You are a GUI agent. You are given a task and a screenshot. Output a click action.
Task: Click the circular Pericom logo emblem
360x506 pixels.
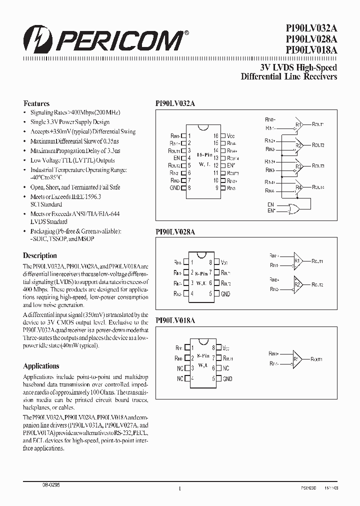(x=35, y=38)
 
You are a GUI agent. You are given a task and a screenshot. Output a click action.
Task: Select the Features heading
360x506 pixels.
(x=36, y=103)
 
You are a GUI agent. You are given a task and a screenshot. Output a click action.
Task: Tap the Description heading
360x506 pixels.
(x=40, y=255)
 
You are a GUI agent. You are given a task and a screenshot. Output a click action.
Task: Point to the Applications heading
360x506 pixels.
(x=41, y=366)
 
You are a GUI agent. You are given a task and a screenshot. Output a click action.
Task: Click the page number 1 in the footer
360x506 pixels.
(x=179, y=488)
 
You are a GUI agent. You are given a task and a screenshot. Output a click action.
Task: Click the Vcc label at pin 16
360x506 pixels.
(x=230, y=135)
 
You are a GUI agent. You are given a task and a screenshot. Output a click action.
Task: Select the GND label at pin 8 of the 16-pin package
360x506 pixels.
(x=175, y=188)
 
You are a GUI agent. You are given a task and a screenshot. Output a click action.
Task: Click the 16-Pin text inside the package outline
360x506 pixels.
(x=203, y=155)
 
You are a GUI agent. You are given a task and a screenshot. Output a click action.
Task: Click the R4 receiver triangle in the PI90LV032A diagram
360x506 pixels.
(x=298, y=187)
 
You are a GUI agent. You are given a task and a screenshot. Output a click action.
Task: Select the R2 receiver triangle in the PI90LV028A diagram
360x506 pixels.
(x=297, y=284)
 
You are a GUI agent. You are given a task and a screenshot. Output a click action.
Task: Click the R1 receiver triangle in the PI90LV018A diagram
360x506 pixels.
(x=297, y=359)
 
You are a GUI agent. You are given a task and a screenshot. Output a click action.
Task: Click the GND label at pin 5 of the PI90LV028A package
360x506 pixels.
(x=225, y=294)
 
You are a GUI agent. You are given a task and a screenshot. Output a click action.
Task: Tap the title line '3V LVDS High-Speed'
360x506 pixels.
(x=298, y=67)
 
